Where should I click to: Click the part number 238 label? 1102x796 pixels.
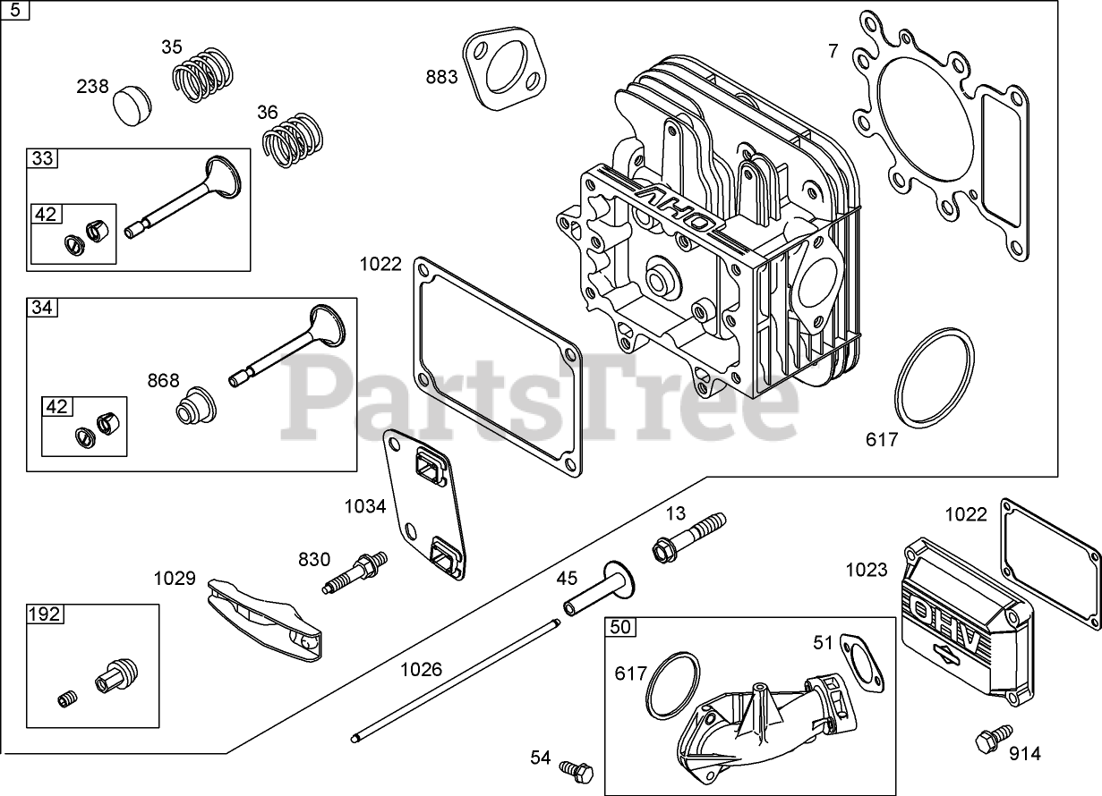92,87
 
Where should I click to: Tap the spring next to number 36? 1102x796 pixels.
294,139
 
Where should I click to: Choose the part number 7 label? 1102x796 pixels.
833,51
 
